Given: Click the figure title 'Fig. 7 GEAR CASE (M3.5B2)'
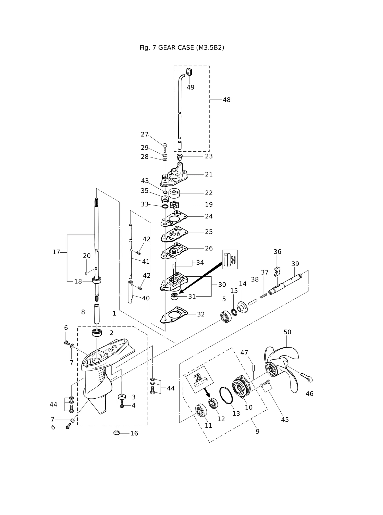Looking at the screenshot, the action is [x=182, y=48].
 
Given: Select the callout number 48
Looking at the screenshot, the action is [x=227, y=100].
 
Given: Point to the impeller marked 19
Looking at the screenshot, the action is [x=174, y=205].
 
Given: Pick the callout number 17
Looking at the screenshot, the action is [x=56, y=252].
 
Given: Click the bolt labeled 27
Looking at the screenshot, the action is [x=165, y=148].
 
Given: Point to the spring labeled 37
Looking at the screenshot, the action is [x=264, y=296].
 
